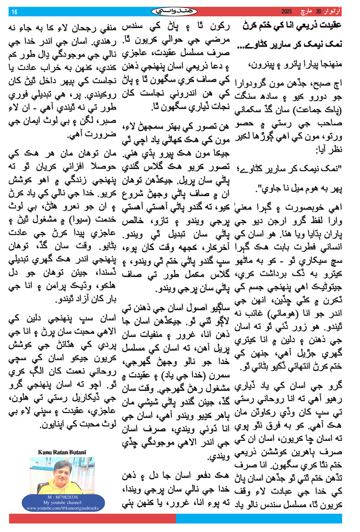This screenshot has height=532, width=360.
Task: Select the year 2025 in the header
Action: pos(286,11)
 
